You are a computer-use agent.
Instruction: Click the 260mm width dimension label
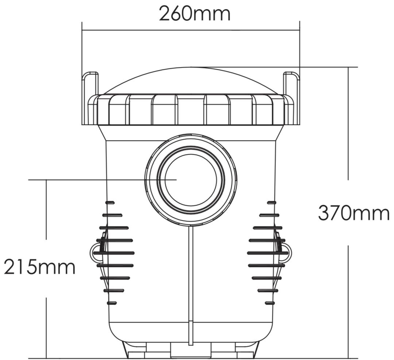194,14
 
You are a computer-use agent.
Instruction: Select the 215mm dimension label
39,268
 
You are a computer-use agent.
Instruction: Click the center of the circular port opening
191,180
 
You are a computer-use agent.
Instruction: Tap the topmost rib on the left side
110,202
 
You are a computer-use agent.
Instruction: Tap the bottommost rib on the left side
112,303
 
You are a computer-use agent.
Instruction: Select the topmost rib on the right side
271,202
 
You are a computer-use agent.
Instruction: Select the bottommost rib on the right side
270,303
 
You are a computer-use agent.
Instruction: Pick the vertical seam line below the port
190,285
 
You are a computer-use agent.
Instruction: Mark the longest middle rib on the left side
114,253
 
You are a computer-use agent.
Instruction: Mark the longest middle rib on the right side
267,253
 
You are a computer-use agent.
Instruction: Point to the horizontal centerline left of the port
88,180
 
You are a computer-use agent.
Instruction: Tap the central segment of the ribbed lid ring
191,110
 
